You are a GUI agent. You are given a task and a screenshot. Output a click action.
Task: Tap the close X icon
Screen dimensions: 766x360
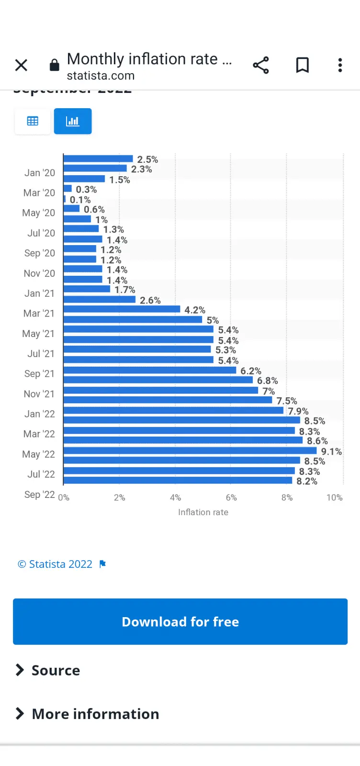21,65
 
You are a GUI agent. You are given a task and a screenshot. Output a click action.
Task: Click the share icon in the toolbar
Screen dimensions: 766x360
261,65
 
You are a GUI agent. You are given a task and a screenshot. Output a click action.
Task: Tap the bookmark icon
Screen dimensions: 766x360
302,65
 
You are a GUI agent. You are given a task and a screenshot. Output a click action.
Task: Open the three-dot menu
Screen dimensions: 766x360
340,65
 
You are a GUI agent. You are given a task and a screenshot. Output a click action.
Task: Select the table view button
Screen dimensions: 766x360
33,121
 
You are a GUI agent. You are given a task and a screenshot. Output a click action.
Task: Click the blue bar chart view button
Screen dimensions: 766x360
73,121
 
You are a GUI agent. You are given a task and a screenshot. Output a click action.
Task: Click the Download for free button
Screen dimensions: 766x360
180,621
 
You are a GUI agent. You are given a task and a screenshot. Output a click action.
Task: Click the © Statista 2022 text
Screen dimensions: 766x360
55,564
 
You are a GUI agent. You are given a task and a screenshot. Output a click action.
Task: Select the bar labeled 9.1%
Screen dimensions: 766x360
190,451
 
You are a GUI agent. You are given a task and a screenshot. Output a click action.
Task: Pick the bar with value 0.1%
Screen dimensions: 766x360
65,199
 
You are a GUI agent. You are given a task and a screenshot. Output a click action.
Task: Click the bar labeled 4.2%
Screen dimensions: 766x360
122,309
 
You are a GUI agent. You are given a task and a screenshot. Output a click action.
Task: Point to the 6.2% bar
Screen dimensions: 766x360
149,370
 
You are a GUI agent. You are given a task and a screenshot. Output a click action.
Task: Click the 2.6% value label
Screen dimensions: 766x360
150,301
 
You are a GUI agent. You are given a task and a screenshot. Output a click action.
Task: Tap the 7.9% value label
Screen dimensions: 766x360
298,411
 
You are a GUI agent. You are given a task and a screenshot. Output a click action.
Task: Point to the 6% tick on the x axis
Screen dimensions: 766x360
231,498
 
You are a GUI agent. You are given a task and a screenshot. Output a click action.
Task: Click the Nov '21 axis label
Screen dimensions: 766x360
39,394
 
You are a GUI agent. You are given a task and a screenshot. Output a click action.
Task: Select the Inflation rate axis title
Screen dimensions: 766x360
203,512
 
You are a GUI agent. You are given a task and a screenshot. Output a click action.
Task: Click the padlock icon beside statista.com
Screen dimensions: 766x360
55,65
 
